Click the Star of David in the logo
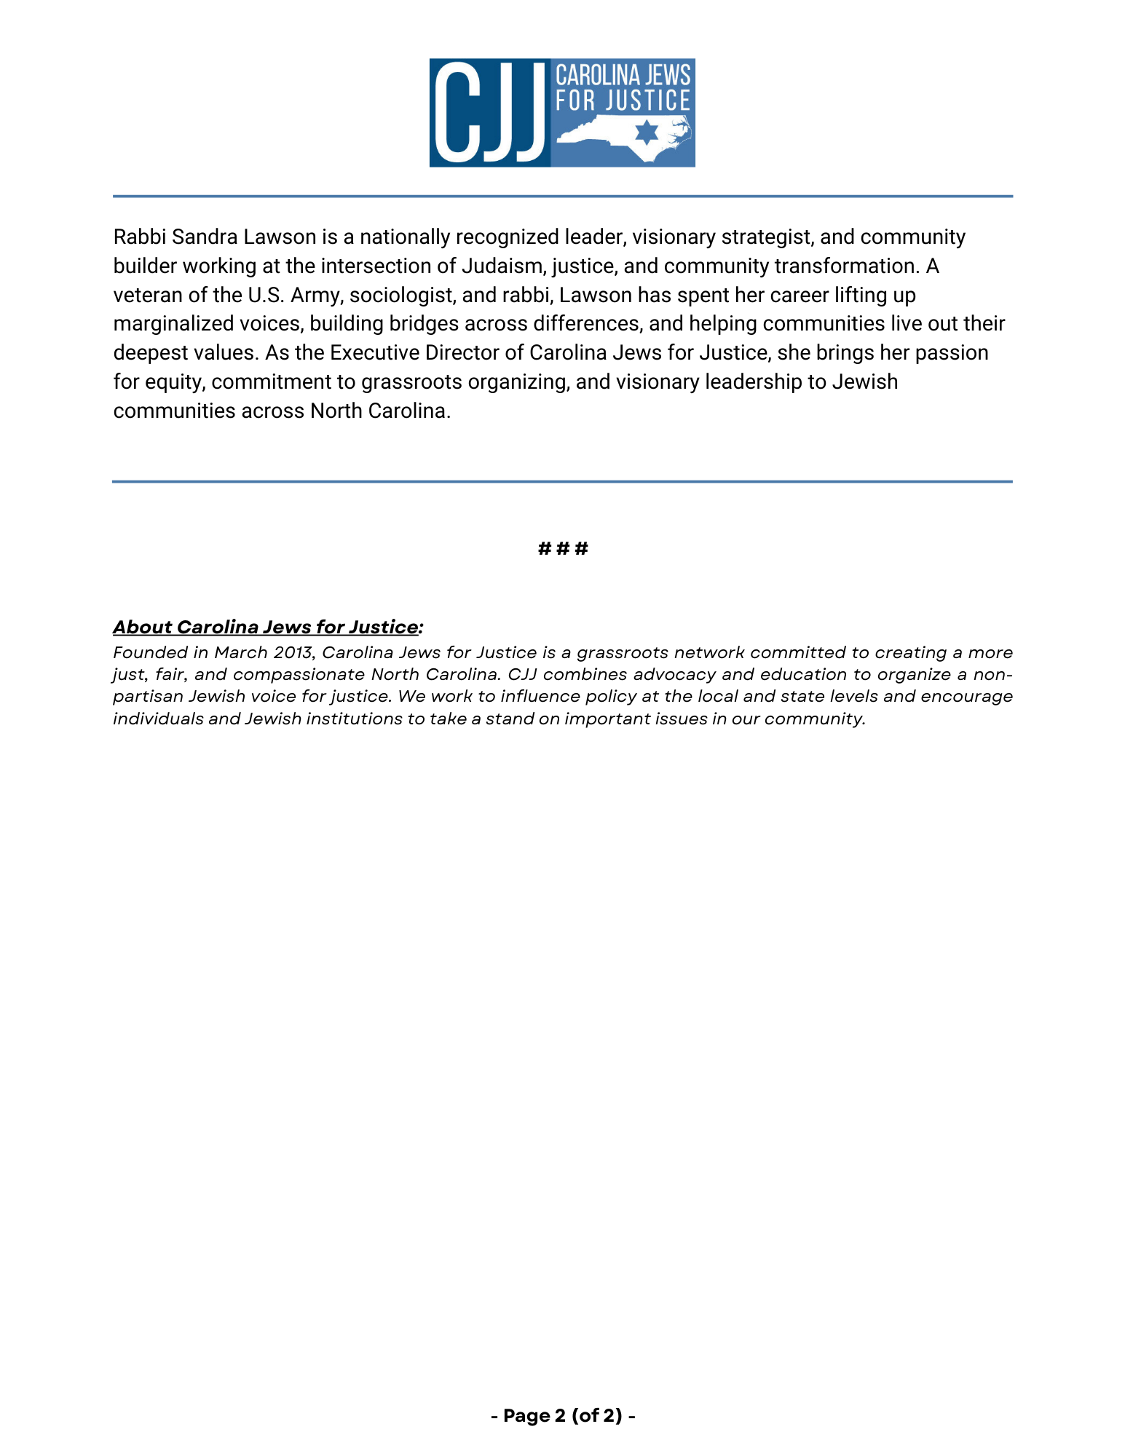click(646, 133)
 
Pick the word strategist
click(767, 237)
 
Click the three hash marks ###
click(563, 548)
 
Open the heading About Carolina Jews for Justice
click(267, 627)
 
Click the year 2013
click(293, 652)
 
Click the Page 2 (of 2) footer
click(563, 1416)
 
